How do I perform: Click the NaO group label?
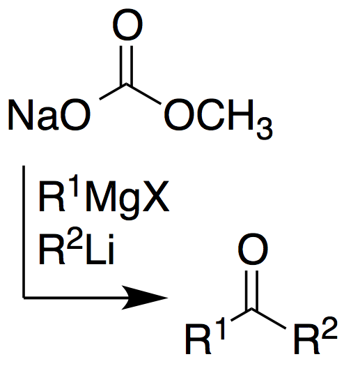coord(49,114)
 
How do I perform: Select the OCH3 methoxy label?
coord(218,119)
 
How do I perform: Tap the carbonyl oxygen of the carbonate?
coord(127,24)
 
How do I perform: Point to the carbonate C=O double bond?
coord(127,65)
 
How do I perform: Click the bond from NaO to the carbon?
coord(113,92)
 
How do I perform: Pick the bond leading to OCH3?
coord(144,94)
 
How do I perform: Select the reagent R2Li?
coord(76,250)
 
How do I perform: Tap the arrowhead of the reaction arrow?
coord(145,298)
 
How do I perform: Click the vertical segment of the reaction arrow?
coord(24,231)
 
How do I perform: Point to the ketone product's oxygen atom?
coord(253,249)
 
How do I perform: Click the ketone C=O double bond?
coord(252,290)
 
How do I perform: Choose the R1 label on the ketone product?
coord(205,335)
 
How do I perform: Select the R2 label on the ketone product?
coord(315,335)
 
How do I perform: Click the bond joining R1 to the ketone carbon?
coord(242,315)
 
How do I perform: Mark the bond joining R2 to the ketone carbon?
coord(269,319)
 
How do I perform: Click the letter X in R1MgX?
coord(156,197)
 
